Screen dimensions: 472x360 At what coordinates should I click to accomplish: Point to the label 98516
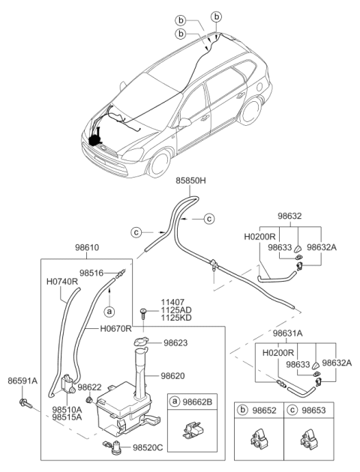click(93, 273)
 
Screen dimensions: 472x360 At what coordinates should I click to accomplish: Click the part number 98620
click(176, 375)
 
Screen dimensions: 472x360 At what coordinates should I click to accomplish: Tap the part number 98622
click(90, 387)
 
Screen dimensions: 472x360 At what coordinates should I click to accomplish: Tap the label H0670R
click(115, 329)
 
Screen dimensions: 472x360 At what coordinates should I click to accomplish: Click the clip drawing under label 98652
click(259, 438)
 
